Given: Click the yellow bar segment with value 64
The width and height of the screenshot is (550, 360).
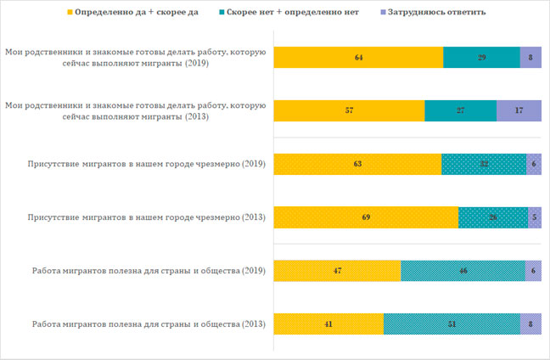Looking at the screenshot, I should pyautogui.click(x=357, y=58).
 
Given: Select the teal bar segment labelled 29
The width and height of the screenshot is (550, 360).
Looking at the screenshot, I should pyautogui.click(x=481, y=58).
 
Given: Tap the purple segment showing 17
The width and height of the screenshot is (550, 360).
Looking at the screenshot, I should pyautogui.click(x=519, y=111).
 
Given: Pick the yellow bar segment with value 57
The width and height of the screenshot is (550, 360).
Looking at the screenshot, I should pyautogui.click(x=348, y=111).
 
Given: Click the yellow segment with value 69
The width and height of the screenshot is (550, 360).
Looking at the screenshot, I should pyautogui.click(x=365, y=218).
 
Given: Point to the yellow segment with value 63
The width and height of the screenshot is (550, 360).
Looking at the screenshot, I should pyautogui.click(x=356, y=165).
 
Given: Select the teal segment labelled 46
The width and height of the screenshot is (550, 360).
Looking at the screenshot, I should pyautogui.click(x=463, y=272).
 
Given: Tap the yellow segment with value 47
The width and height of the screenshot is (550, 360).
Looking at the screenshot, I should pyautogui.click(x=336, y=272).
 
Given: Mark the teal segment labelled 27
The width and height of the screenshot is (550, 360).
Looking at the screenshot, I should pyautogui.click(x=460, y=111).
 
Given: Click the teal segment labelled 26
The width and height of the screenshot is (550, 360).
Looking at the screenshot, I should pyautogui.click(x=493, y=218).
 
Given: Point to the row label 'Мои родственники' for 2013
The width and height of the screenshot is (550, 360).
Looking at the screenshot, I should pyautogui.click(x=136, y=111).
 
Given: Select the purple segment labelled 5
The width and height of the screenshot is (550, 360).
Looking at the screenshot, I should pyautogui.click(x=535, y=218).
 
